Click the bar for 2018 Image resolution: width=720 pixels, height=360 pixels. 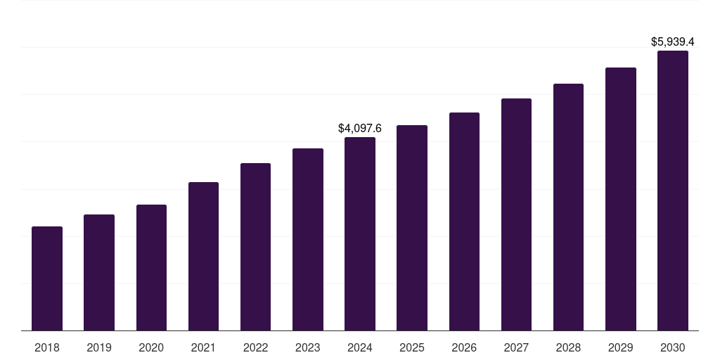47,278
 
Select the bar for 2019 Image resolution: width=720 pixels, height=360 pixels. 99,273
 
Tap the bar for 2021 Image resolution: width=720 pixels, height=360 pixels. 203,257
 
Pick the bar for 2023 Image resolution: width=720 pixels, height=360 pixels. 308,240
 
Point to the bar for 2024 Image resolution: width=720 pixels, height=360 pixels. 360,234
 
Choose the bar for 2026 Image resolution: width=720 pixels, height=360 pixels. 464,221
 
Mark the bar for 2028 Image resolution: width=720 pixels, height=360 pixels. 568,207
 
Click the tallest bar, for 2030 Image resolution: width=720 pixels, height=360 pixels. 673,191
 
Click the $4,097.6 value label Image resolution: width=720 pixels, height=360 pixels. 360,129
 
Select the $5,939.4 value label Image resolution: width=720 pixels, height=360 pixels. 673,42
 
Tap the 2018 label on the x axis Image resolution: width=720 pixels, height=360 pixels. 47,347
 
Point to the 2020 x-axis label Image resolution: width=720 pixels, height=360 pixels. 151,347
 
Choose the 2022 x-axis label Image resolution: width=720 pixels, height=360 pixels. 255,347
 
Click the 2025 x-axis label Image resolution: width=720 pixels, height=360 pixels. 412,347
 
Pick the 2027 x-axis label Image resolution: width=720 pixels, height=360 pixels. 516,347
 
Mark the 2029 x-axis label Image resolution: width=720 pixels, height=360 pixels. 620,347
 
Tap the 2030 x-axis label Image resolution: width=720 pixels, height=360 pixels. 673,347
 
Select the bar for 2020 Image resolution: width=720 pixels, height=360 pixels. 151,268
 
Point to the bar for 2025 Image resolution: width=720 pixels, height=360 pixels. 412,228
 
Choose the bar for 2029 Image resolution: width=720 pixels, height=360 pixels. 620,199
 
